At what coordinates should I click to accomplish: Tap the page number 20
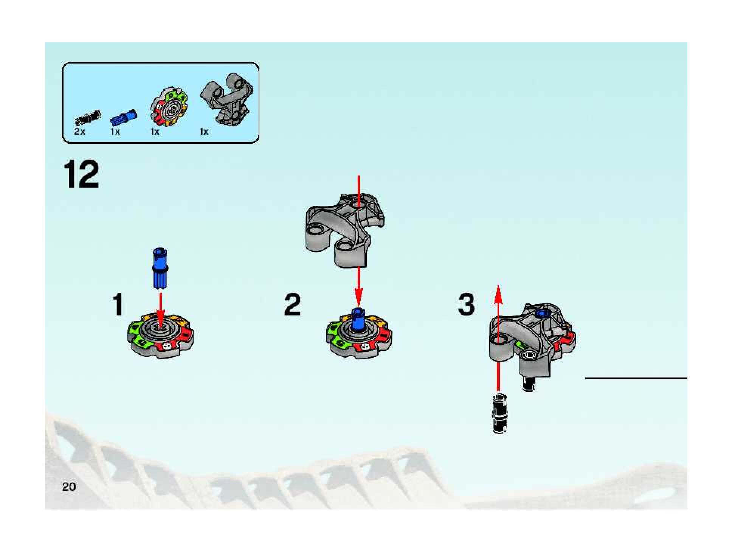tap(69, 486)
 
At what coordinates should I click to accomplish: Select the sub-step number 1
tap(118, 304)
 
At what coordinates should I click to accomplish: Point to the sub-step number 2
tap(292, 304)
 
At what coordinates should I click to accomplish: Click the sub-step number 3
tap(466, 304)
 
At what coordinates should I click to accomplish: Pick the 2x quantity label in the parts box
tap(79, 132)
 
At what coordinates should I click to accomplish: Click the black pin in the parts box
tap(88, 118)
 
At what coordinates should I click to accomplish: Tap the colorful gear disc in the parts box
tap(169, 107)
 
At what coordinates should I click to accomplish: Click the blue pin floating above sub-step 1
tap(160, 269)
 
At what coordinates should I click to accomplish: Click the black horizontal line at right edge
tap(636, 378)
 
